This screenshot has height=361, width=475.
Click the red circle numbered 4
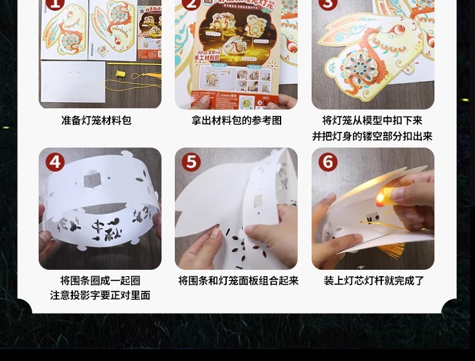pyautogui.click(x=55, y=162)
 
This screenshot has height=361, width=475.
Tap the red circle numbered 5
pyautogui.click(x=191, y=162)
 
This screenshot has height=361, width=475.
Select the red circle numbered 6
pyautogui.click(x=328, y=162)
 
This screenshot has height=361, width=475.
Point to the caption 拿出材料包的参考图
pyautogui.click(x=236, y=120)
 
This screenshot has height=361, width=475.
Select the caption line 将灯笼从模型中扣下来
pyautogui.click(x=372, y=120)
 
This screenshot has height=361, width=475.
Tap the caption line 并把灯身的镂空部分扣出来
pyautogui.click(x=372, y=136)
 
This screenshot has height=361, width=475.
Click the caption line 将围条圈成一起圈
pyautogui.click(x=100, y=281)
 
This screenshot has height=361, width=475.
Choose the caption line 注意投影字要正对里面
pyautogui.click(x=100, y=296)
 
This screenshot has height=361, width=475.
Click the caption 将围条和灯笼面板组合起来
pyautogui.click(x=238, y=281)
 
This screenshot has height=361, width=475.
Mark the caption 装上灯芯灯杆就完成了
pyautogui.click(x=374, y=281)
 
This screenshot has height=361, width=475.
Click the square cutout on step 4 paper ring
pyautogui.click(x=92, y=181)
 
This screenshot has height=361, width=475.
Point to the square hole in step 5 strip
pyautogui.click(x=258, y=201)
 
